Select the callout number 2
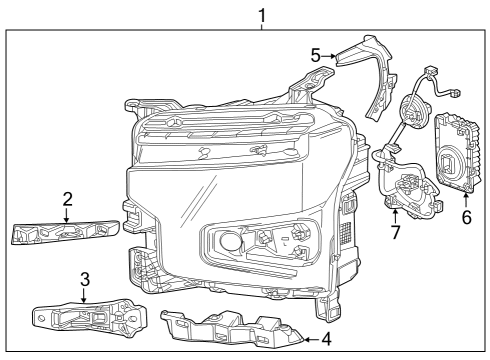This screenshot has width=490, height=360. click(66, 199)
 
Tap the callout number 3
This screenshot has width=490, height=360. click(86, 277)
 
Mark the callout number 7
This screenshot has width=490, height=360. click(395, 232)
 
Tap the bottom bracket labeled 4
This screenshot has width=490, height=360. click(230, 331)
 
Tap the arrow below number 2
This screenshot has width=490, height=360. click(66, 213)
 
